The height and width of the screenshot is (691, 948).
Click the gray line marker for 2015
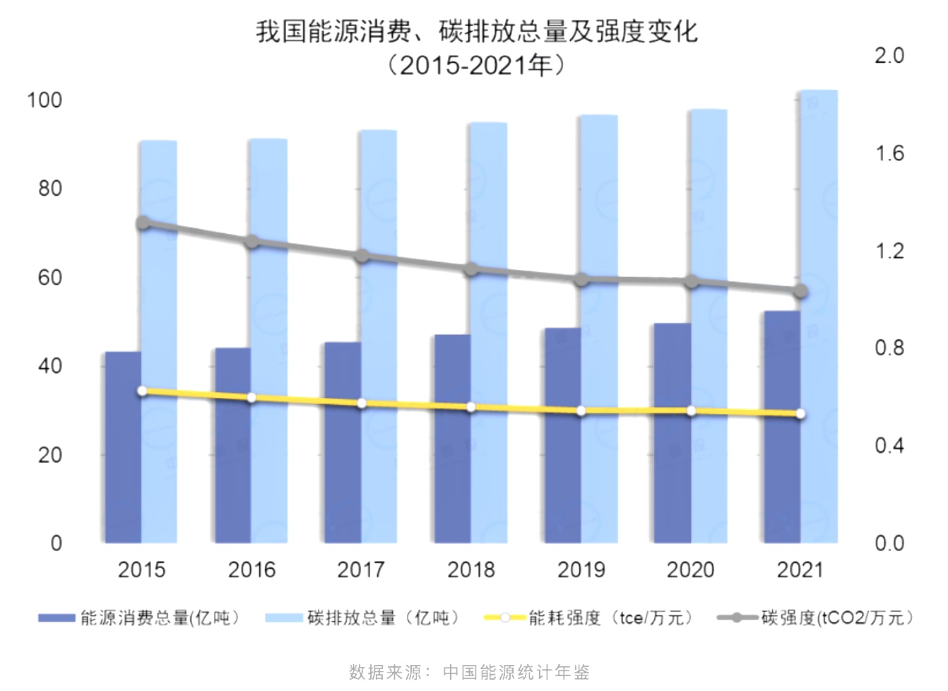coord(143,223)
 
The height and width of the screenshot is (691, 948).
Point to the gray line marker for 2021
coord(800,292)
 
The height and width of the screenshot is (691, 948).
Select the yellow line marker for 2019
coord(581,411)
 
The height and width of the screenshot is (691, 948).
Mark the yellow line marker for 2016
coord(251,398)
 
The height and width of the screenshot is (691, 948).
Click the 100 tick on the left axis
coord(45,100)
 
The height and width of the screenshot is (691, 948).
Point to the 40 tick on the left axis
coord(50,366)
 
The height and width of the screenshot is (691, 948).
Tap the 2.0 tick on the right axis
coord(889,56)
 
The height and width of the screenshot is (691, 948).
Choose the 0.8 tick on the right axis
coord(889,348)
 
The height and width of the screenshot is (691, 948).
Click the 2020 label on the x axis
coord(691,569)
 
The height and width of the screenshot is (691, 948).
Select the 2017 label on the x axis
coord(361,569)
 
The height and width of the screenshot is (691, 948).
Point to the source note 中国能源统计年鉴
coord(516,672)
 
